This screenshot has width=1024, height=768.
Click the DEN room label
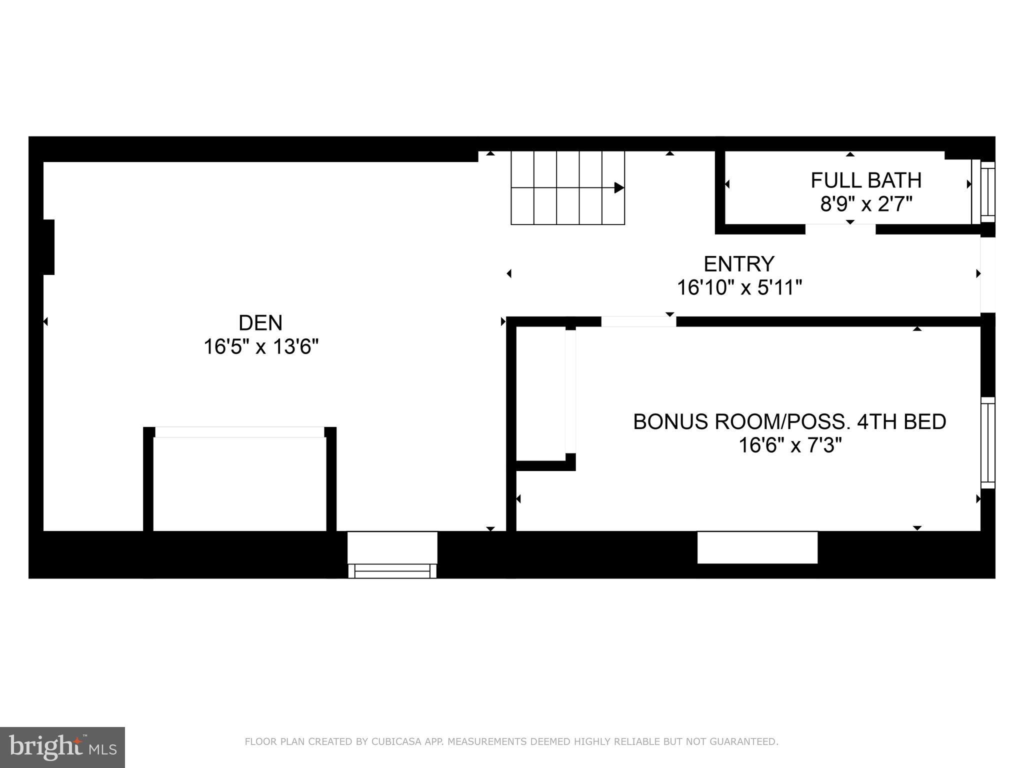pos(260,323)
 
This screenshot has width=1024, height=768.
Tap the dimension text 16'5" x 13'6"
pos(260,346)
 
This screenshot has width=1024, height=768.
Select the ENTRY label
pos(739,263)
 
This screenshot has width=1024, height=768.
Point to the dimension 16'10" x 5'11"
pos(739,287)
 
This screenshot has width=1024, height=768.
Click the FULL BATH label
pos(866,180)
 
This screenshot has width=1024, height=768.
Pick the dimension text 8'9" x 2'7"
pos(866,204)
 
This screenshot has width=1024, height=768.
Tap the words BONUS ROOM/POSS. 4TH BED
pos(789,421)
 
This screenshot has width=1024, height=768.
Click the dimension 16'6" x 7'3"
pos(789,445)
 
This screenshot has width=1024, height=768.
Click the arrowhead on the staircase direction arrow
pos(619,188)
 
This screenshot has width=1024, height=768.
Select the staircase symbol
pos(567,188)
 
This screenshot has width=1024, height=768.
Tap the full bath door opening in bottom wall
pos(840,229)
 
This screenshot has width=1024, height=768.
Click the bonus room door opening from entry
pos(638,321)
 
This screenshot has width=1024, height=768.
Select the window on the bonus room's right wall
pos(987,442)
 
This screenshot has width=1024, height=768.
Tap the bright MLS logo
pos(62,747)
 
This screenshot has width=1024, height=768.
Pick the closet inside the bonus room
pos(541,393)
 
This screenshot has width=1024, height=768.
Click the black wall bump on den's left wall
pos(48,247)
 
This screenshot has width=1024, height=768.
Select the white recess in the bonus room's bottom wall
pos(757,547)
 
